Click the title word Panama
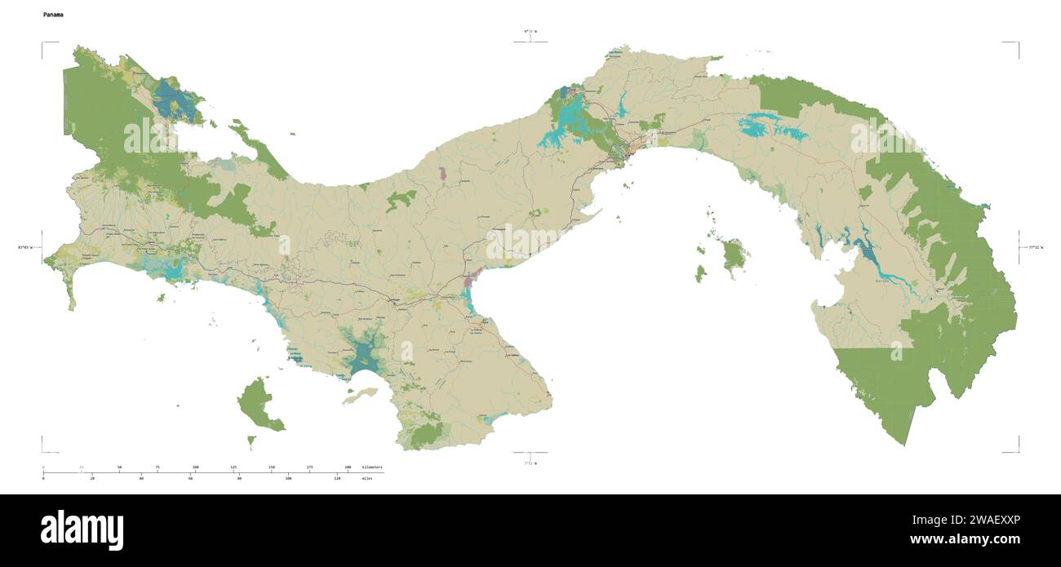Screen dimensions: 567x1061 [x=54, y=15]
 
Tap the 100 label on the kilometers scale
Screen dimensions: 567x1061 [x=195, y=467]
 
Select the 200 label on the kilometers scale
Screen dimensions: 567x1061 [x=348, y=467]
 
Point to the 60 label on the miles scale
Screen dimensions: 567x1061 [x=190, y=479]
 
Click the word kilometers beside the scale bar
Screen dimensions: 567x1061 [x=371, y=467]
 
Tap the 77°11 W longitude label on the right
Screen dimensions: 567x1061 [x=1033, y=246]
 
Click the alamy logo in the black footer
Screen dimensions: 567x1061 [x=82, y=530]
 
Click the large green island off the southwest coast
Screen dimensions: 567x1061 [x=258, y=404]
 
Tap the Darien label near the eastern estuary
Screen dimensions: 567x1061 [x=882, y=280]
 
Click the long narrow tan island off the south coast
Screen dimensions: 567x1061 [x=360, y=396]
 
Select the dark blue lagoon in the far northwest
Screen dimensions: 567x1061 [x=174, y=100]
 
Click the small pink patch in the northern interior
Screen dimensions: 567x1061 [x=442, y=174]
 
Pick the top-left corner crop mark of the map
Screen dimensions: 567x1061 [x=43, y=43]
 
